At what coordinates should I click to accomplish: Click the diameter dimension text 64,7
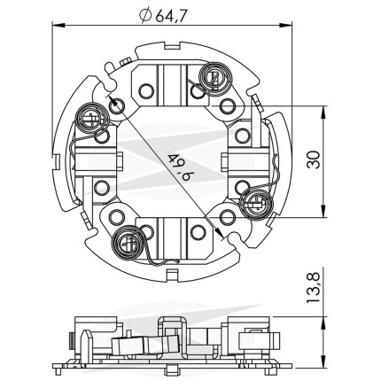pyautogui.click(x=171, y=16)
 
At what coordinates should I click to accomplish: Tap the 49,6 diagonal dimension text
pyautogui.click(x=176, y=167)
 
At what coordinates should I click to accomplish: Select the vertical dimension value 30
pyautogui.click(x=314, y=159)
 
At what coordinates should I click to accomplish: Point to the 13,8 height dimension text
pyautogui.click(x=313, y=288)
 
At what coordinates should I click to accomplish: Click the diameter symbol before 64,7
pyautogui.click(x=145, y=16)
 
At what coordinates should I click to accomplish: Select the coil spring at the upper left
pyautogui.click(x=92, y=119)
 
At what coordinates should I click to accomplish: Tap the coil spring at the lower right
pyautogui.click(x=256, y=205)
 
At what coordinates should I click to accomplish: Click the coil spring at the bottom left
pyautogui.click(x=128, y=243)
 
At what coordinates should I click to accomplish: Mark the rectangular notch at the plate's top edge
pyautogui.click(x=172, y=46)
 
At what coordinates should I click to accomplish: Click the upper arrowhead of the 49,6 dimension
pyautogui.click(x=112, y=100)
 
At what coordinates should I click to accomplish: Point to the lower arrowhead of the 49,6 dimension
pyautogui.click(x=219, y=231)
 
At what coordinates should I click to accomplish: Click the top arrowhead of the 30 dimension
pyautogui.click(x=324, y=113)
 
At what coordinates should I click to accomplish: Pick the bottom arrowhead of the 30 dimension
pyautogui.click(x=324, y=211)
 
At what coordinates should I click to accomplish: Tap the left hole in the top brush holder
pyautogui.click(x=146, y=90)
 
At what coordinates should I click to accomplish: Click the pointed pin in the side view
pyautogui.click(x=85, y=344)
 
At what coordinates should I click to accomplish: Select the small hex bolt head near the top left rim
pyautogui.click(x=125, y=62)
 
